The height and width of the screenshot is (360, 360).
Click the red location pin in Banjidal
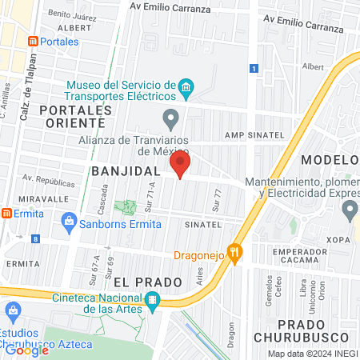(x=179, y=166)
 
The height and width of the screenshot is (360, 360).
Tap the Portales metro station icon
(x=32, y=41)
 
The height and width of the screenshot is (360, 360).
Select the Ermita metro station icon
(x=6, y=214)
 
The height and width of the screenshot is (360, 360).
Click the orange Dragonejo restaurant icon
(x=234, y=251)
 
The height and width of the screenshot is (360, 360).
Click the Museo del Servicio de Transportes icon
(x=186, y=86)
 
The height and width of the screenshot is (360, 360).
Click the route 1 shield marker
(x=254, y=69)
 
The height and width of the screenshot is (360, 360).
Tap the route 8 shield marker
(x=35, y=238)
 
